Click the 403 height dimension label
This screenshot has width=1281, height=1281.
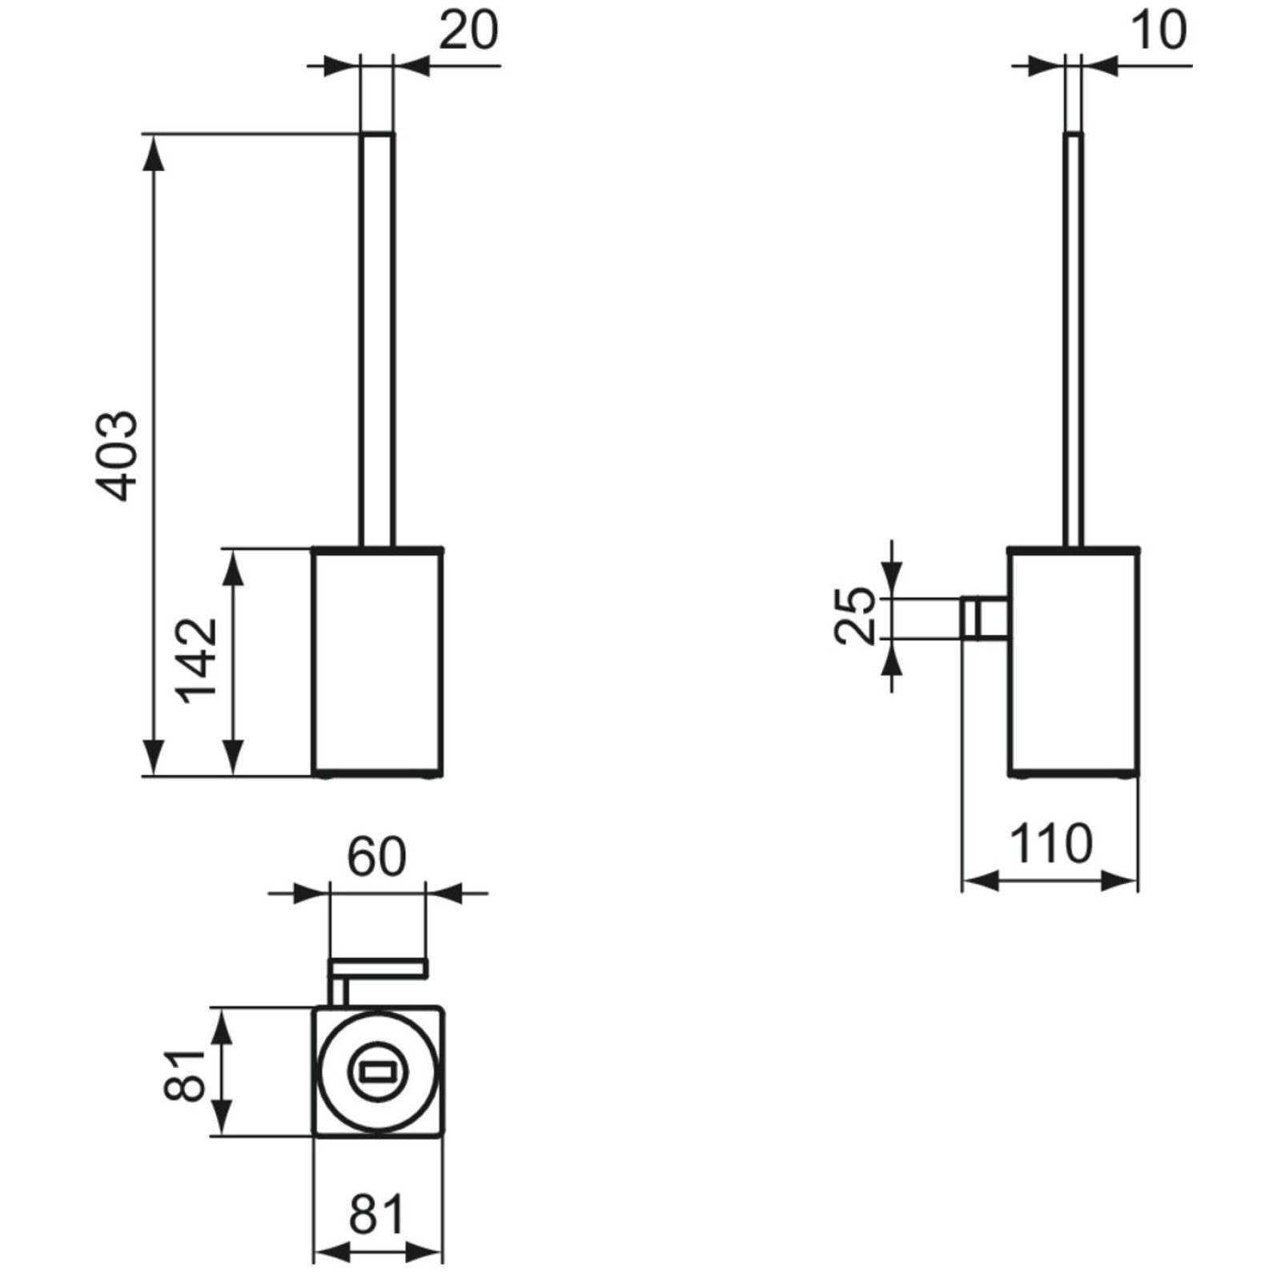117,456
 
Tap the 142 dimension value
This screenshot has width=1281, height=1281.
197,661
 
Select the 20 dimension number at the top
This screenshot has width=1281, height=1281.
468,32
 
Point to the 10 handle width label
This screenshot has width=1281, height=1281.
1159,32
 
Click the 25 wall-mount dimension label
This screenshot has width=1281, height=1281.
855,616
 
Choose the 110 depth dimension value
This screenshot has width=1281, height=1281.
1050,845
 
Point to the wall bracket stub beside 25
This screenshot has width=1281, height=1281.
983,618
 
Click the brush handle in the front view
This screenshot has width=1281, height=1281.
376,336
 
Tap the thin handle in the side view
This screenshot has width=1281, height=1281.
1073,336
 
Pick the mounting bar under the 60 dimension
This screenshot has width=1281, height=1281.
378,969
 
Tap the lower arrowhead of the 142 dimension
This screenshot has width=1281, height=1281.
232,757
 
